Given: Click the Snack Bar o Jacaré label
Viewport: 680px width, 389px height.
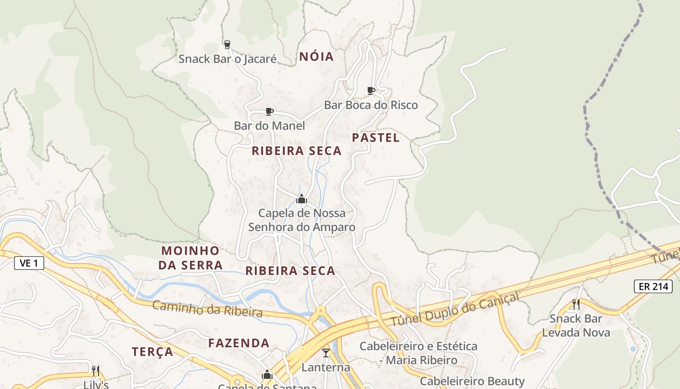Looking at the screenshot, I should tap(227, 59).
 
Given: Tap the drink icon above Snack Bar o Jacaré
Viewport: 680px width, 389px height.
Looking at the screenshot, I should tap(227, 45).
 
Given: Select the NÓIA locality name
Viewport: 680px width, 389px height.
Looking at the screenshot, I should tap(317, 57).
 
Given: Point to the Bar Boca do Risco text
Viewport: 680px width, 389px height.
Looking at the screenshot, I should tap(371, 105).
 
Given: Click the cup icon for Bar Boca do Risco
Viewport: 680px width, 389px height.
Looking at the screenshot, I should tap(371, 90).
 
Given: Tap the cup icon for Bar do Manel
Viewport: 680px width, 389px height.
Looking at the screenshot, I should tap(270, 112).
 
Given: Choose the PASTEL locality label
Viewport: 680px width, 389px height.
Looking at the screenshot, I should tap(376, 138).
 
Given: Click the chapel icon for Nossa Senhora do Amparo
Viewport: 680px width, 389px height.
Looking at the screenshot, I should tap(302, 199).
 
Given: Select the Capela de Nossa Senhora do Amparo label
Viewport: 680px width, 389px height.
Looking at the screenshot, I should tap(302, 220).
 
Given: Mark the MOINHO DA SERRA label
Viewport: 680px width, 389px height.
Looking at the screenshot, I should tap(191, 258).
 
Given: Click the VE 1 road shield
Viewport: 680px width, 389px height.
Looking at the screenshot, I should tap(29, 264).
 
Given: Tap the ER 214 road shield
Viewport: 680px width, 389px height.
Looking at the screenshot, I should tap(653, 286).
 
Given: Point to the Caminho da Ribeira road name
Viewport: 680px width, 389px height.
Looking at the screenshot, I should tap(207, 309).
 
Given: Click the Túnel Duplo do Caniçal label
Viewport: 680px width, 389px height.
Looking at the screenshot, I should tap(455, 309).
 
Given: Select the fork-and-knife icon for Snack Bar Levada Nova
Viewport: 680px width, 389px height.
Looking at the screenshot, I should tap(576, 304).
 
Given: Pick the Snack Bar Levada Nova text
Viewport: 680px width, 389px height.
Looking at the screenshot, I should tap(576, 326).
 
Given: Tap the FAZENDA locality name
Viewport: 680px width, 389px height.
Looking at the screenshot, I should tap(239, 343).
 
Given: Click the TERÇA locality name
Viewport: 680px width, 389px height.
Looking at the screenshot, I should tap(153, 352).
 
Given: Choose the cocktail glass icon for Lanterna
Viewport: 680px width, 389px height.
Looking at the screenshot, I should tap(325, 353).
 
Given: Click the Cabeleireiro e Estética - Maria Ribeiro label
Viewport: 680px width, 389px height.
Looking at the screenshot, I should tap(418, 353).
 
